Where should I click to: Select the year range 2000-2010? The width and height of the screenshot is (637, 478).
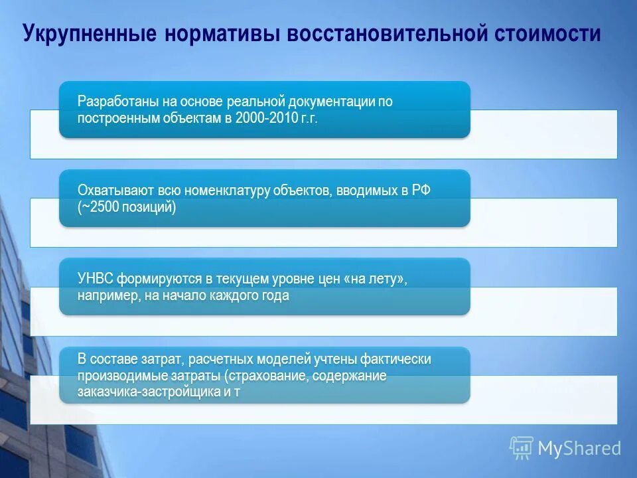(x=262, y=118)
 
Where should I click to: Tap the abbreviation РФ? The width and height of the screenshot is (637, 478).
(x=420, y=191)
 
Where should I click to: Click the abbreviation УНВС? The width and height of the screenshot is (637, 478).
(x=97, y=279)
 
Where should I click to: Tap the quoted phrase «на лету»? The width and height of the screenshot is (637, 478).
(x=376, y=279)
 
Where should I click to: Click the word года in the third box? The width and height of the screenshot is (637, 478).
(x=274, y=295)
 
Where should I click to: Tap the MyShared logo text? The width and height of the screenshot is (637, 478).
(x=579, y=449)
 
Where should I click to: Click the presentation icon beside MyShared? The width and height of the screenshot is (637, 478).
(x=522, y=448)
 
